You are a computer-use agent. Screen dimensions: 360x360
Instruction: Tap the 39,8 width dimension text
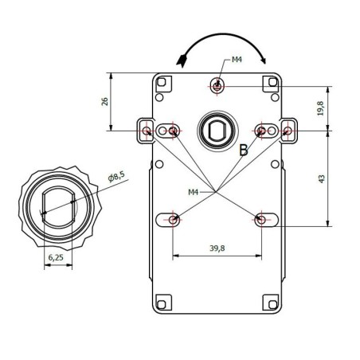pos(217,249)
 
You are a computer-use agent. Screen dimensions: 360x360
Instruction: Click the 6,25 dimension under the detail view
pos(56,257)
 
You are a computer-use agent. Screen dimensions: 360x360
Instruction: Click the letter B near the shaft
pos(244,149)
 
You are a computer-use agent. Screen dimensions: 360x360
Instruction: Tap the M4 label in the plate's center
pos(193,191)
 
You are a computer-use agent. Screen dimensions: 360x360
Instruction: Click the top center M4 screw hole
pos(217,84)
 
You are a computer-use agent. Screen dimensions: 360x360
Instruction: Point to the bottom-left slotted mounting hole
pos(174,219)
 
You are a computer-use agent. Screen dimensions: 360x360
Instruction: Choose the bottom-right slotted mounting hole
pos(261,219)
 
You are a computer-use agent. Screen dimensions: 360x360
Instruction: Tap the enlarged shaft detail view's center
pos(57,205)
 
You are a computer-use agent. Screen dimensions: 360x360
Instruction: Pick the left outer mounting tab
pos(147,130)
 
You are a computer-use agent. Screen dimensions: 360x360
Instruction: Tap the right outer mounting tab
pos(287,130)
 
